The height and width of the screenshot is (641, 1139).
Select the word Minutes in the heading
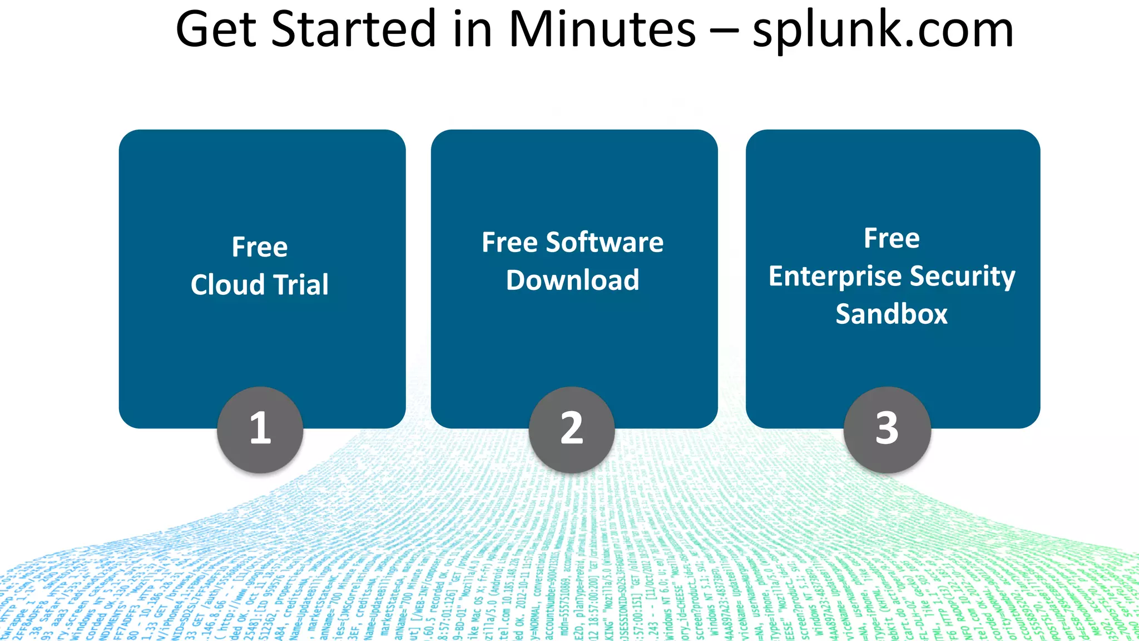click(602, 30)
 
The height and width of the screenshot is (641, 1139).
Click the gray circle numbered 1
click(260, 430)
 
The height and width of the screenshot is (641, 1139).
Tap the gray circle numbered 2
click(572, 430)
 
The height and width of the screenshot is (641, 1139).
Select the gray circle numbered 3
click(887, 430)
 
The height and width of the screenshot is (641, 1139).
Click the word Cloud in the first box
click(227, 285)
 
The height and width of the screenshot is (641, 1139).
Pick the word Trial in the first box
click(301, 285)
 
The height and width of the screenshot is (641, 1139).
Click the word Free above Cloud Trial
click(260, 247)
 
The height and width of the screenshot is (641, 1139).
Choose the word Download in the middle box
click(573, 280)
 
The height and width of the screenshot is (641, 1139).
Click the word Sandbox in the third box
click(892, 314)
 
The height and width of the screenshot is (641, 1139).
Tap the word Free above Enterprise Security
click(892, 239)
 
